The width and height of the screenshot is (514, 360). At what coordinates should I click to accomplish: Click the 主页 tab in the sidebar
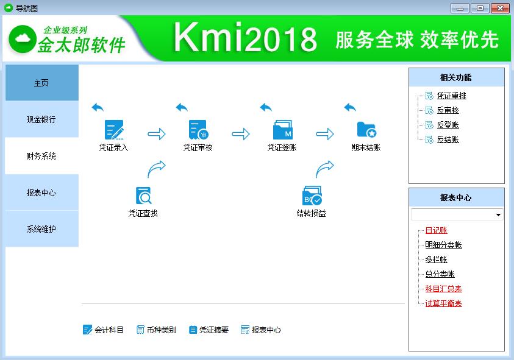(x=41, y=83)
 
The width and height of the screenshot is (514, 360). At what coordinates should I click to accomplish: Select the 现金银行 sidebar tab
(x=41, y=119)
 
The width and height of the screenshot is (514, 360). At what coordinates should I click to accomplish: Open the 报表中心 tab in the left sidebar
(x=41, y=192)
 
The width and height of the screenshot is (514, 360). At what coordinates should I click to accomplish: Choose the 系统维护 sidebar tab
(x=41, y=229)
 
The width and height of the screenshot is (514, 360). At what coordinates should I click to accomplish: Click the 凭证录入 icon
(x=114, y=130)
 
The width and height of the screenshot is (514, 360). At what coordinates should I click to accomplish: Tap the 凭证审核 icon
(x=198, y=130)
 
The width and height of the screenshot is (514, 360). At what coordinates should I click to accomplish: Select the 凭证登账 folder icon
(x=282, y=130)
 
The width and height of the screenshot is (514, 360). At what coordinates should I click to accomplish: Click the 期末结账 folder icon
(x=366, y=130)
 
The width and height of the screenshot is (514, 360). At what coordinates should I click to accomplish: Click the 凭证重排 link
(x=451, y=96)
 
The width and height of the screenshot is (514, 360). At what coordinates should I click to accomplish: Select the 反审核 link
(x=448, y=110)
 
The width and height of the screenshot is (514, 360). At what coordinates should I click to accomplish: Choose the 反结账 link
(x=448, y=139)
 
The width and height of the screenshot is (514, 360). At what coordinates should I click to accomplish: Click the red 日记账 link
(x=436, y=230)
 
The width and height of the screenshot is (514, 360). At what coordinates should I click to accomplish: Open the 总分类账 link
(x=440, y=274)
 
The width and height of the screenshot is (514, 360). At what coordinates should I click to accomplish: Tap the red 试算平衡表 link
(x=443, y=303)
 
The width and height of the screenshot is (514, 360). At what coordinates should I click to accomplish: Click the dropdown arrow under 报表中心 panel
(x=498, y=215)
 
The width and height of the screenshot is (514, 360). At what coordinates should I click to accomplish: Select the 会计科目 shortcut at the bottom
(x=104, y=330)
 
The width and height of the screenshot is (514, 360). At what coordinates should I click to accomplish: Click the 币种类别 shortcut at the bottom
(x=156, y=330)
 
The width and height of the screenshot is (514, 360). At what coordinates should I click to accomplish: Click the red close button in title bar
(x=501, y=8)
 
